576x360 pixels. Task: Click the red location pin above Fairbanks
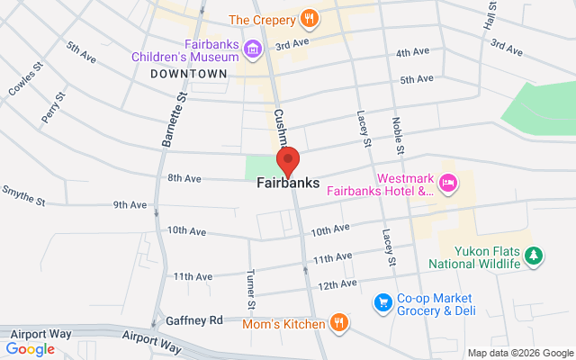288,161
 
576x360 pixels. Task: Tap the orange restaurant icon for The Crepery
310,18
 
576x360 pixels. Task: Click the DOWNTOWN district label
189,73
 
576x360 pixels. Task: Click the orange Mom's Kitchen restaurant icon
338,322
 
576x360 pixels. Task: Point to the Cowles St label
26,78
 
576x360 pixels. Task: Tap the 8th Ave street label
184,178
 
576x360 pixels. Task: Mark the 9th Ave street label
130,205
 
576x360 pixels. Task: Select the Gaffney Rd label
193,320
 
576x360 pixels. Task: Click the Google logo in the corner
31,348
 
